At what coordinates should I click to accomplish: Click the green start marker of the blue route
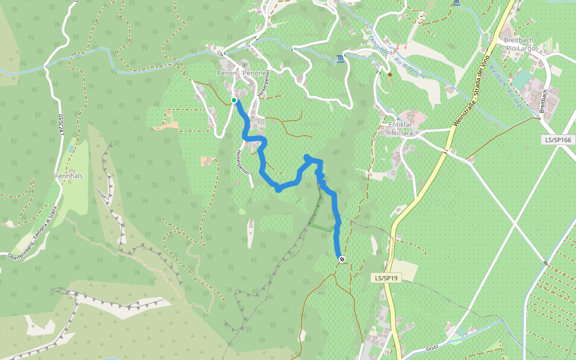click(234, 100)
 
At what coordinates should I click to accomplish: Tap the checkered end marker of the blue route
click(342, 259)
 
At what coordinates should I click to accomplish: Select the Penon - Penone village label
click(241, 73)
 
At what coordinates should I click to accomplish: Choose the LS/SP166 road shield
click(557, 140)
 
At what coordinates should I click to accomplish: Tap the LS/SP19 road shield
click(386, 278)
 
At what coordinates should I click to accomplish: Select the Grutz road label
click(433, 347)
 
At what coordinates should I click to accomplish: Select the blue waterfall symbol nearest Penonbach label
click(341, 58)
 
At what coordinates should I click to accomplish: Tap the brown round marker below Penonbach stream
click(389, 75)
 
